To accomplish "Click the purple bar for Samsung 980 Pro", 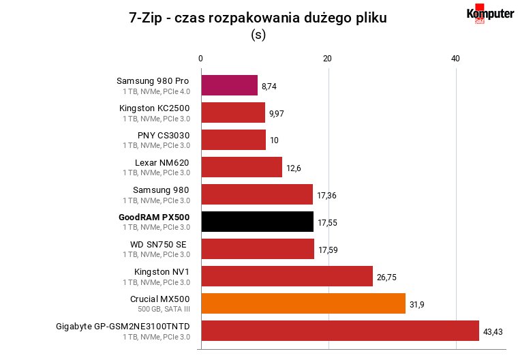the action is [x=230, y=85].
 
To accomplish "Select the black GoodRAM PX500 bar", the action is [x=258, y=222].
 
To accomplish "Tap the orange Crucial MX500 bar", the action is [x=303, y=303].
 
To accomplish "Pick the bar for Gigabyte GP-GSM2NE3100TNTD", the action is [x=340, y=331].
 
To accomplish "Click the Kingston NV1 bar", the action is [x=287, y=276].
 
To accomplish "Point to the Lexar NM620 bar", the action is [x=242, y=167].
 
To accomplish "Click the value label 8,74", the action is [x=269, y=87].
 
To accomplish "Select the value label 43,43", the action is [x=493, y=331].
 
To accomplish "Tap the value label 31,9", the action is [x=417, y=304].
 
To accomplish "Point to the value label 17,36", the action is [x=326, y=196].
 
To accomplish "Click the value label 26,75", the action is [x=386, y=277].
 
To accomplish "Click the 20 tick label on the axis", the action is [x=327, y=59].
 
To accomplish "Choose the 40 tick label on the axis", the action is [x=455, y=59].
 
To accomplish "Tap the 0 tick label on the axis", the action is [x=200, y=59].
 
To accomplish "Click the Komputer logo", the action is [x=490, y=14].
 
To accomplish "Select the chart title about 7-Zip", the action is [x=258, y=18].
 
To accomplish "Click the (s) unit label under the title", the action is [x=258, y=34].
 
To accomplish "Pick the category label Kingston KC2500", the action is [x=155, y=108].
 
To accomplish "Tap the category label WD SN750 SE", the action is [x=158, y=244].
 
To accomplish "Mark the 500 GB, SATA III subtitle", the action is [x=164, y=309].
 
